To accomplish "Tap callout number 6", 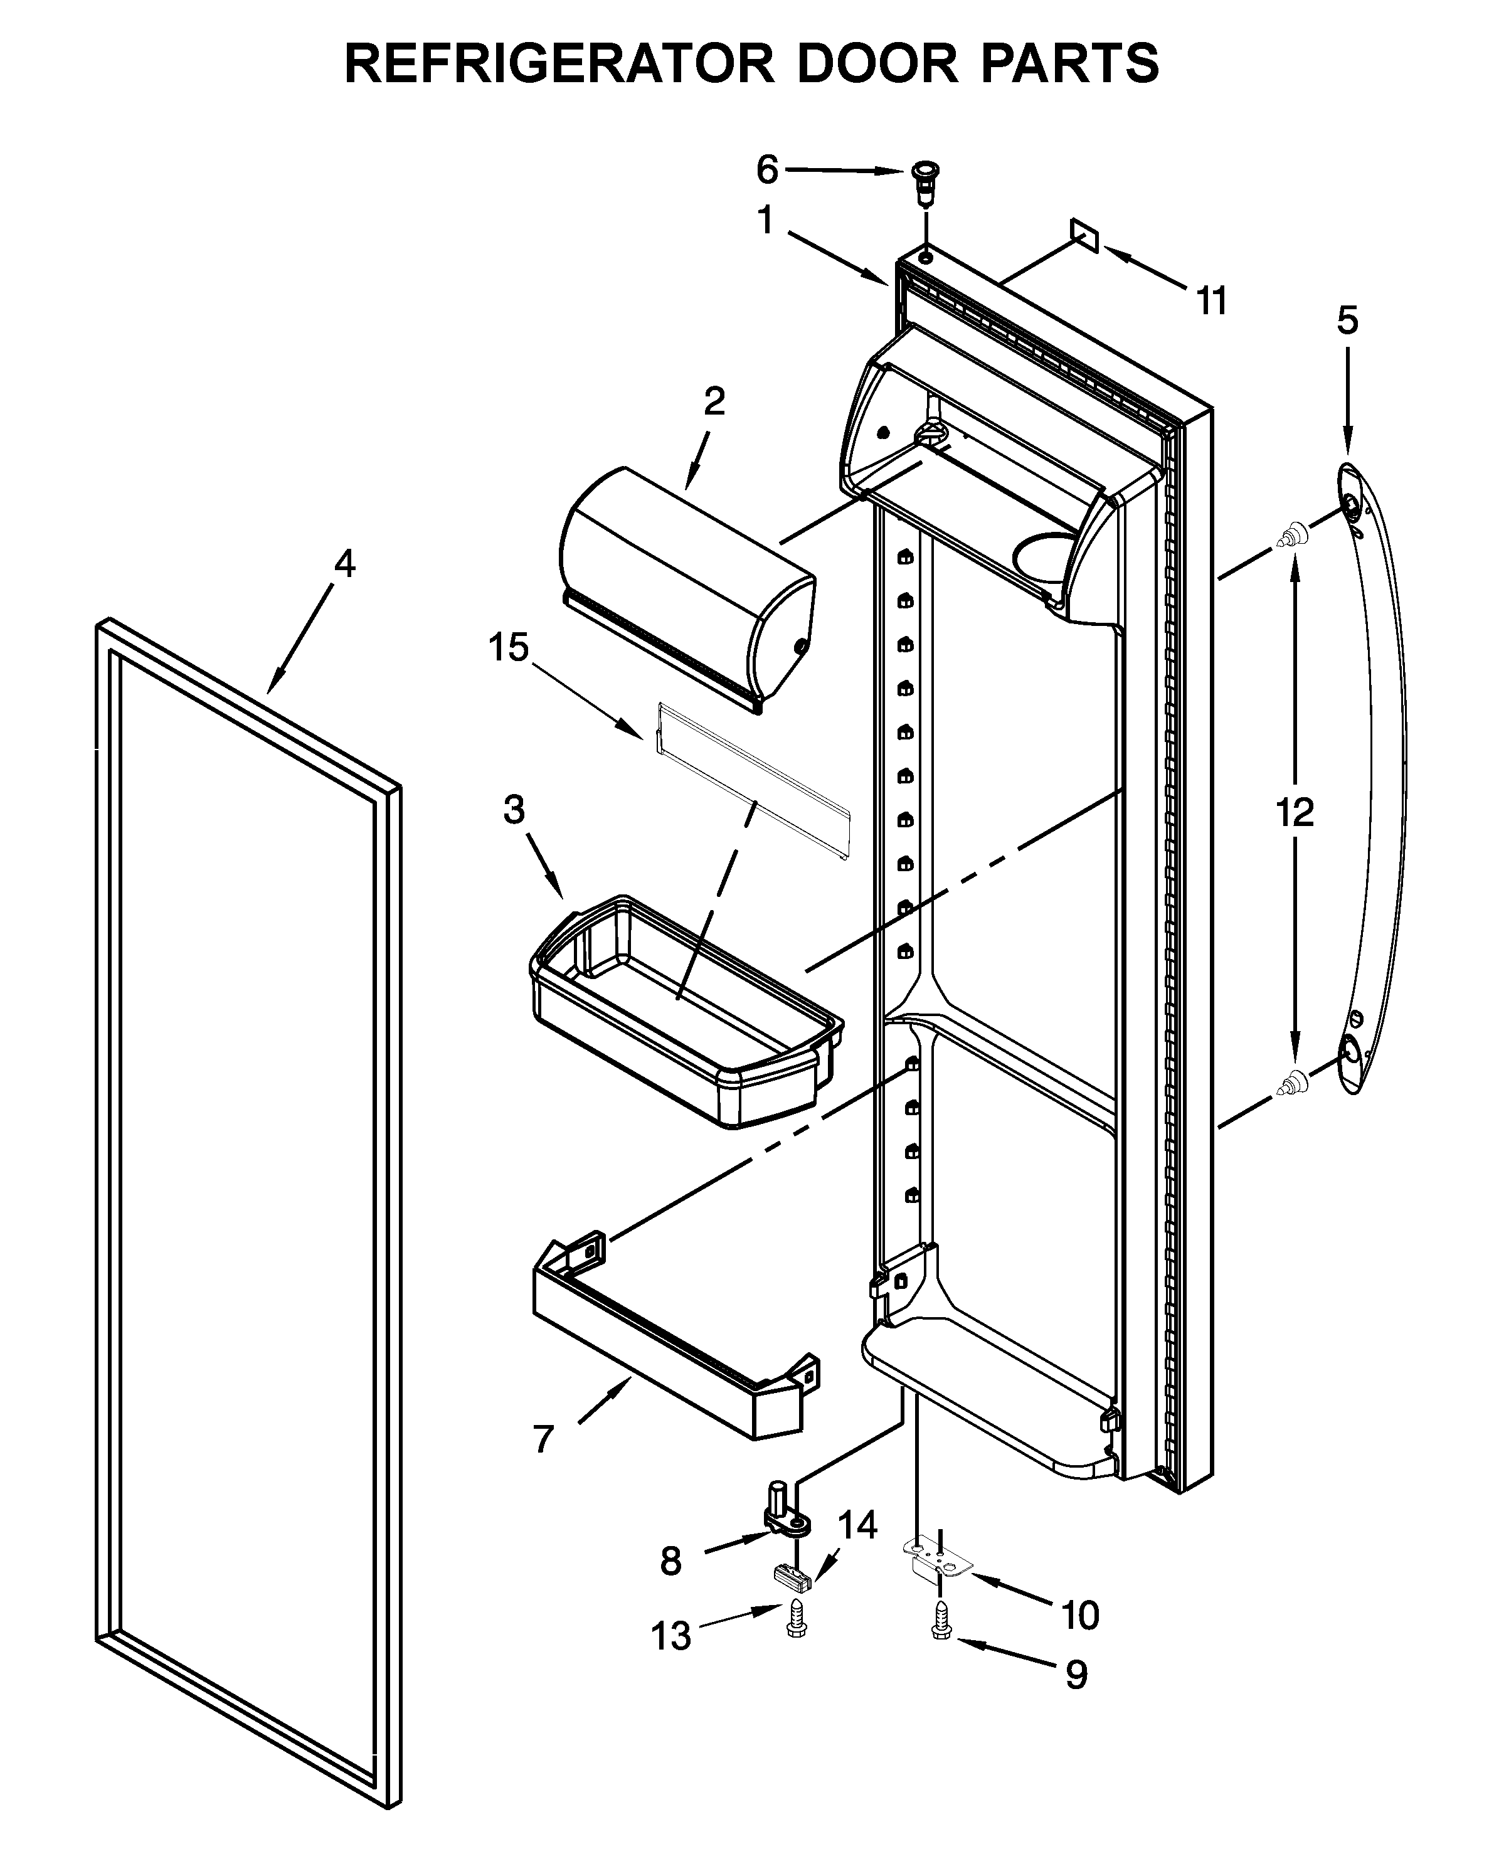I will pyautogui.click(x=767, y=171).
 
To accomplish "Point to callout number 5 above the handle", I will pyautogui.click(x=1347, y=321).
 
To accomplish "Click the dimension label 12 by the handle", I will pyautogui.click(x=1295, y=812).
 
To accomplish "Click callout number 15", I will pyautogui.click(x=508, y=648).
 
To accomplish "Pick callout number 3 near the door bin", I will pyautogui.click(x=514, y=810).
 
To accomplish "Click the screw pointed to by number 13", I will pyautogui.click(x=795, y=1620).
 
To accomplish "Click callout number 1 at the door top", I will pyautogui.click(x=765, y=221).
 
